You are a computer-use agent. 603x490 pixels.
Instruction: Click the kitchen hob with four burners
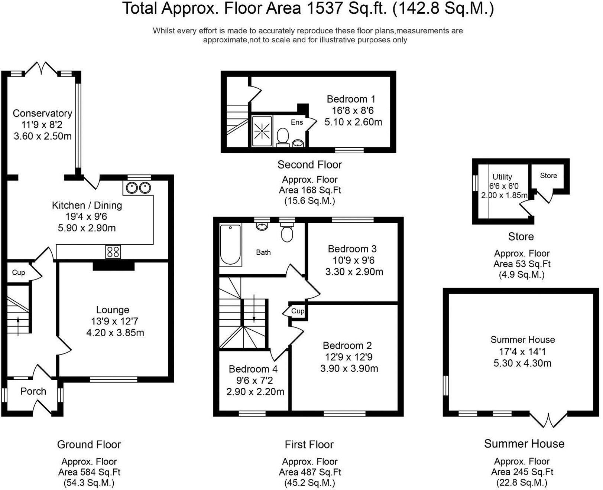pyautogui.click(x=113, y=252)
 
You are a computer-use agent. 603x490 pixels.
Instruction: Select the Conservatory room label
pyautogui.click(x=42, y=113)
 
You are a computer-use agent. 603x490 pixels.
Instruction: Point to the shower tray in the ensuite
pyautogui.click(x=262, y=131)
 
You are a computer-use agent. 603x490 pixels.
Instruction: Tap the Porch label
pyautogui.click(x=33, y=391)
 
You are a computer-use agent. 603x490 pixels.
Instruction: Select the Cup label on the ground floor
pyautogui.click(x=19, y=272)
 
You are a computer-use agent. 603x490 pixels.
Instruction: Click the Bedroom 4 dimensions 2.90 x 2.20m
pyautogui.click(x=255, y=392)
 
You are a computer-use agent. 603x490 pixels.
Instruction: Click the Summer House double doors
pyautogui.click(x=548, y=419)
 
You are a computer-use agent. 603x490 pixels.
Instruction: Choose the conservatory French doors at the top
pyautogui.click(x=41, y=68)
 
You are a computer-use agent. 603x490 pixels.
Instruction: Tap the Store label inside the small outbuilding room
pyautogui.click(x=548, y=176)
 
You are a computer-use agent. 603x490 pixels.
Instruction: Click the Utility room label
pyautogui.click(x=502, y=177)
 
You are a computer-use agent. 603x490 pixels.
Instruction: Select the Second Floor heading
pyautogui.click(x=309, y=164)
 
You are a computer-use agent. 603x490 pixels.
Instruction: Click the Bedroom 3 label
pyautogui.click(x=352, y=249)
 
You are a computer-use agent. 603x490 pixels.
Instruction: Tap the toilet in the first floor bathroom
pyautogui.click(x=287, y=233)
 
